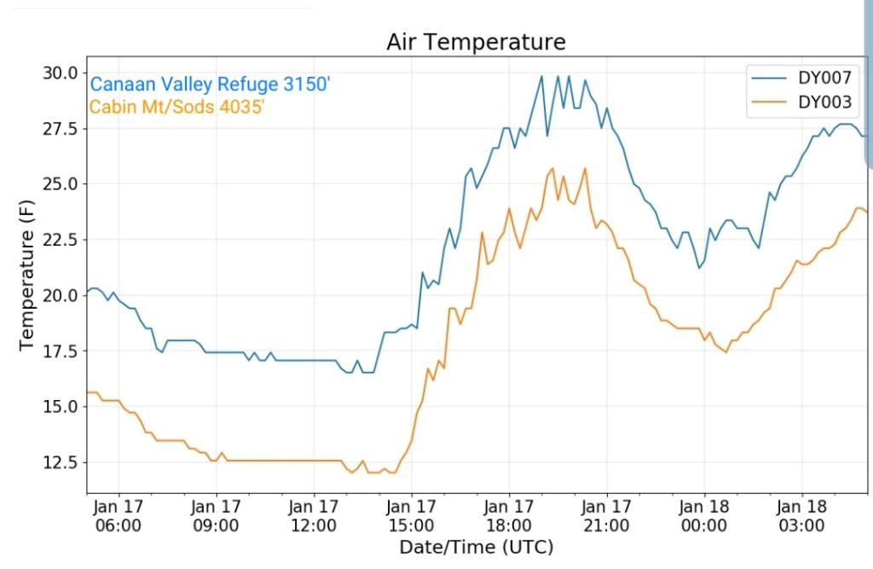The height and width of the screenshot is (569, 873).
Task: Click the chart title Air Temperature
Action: point(476,42)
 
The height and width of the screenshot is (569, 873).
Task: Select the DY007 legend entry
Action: point(824,78)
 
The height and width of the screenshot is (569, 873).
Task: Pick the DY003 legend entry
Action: point(824,102)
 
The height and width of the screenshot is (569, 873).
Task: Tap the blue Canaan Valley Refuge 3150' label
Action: point(210,84)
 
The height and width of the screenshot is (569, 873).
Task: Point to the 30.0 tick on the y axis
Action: point(61,73)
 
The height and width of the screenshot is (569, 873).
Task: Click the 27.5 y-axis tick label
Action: point(61,129)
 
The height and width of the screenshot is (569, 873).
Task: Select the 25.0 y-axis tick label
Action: point(61,184)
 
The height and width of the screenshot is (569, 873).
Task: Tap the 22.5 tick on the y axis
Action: point(61,240)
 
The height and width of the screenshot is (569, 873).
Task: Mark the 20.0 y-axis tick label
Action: point(61,295)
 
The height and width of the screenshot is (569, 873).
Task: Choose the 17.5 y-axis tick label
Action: point(61,351)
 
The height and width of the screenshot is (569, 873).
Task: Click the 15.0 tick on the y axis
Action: point(61,407)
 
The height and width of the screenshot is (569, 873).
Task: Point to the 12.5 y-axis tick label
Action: point(61,462)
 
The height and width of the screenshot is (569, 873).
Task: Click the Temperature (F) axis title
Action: point(26,282)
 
